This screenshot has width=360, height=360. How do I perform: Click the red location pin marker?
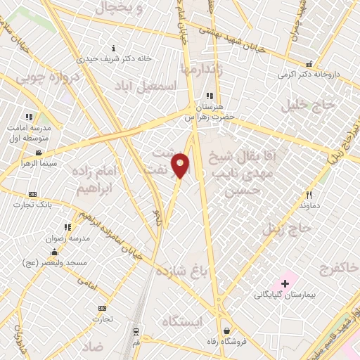point(181,165)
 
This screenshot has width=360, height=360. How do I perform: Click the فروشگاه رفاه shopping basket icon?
point(226,330)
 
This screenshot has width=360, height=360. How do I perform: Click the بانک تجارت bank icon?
point(32,194)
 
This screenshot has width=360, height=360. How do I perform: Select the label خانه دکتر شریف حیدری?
point(115,59)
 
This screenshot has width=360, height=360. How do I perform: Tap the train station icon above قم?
point(136,330)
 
